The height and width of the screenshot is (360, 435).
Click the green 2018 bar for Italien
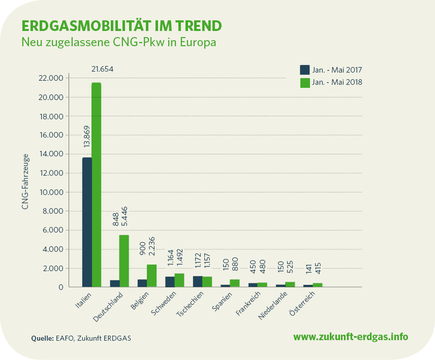[x=96, y=185]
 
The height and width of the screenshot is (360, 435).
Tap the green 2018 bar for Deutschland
[x=123, y=261]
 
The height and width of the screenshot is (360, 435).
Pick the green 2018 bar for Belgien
[x=151, y=276]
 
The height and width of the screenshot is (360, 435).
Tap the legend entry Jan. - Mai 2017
[x=331, y=70]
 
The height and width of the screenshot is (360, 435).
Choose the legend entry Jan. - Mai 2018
[x=331, y=82]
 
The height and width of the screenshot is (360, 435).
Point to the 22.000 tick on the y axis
[x=50, y=78]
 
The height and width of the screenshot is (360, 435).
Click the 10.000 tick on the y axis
[x=50, y=192]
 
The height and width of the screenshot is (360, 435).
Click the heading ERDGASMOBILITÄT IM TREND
[x=121, y=25]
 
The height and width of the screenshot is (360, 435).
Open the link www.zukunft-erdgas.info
[x=351, y=337]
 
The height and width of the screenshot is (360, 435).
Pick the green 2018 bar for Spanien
[x=234, y=283]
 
